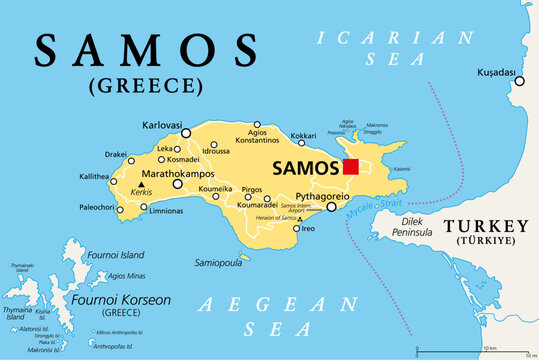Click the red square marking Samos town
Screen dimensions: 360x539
pyautogui.click(x=350, y=166)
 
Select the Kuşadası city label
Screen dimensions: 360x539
pyautogui.click(x=496, y=74)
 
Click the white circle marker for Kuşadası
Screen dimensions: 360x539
pyautogui.click(x=518, y=81)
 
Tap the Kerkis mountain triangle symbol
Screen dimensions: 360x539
pyautogui.click(x=141, y=183)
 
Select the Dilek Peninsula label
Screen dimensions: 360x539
pyautogui.click(x=407, y=227)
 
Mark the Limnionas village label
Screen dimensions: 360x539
pyautogui.click(x=164, y=211)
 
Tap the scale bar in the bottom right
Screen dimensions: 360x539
pyautogui.click(x=469, y=349)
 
